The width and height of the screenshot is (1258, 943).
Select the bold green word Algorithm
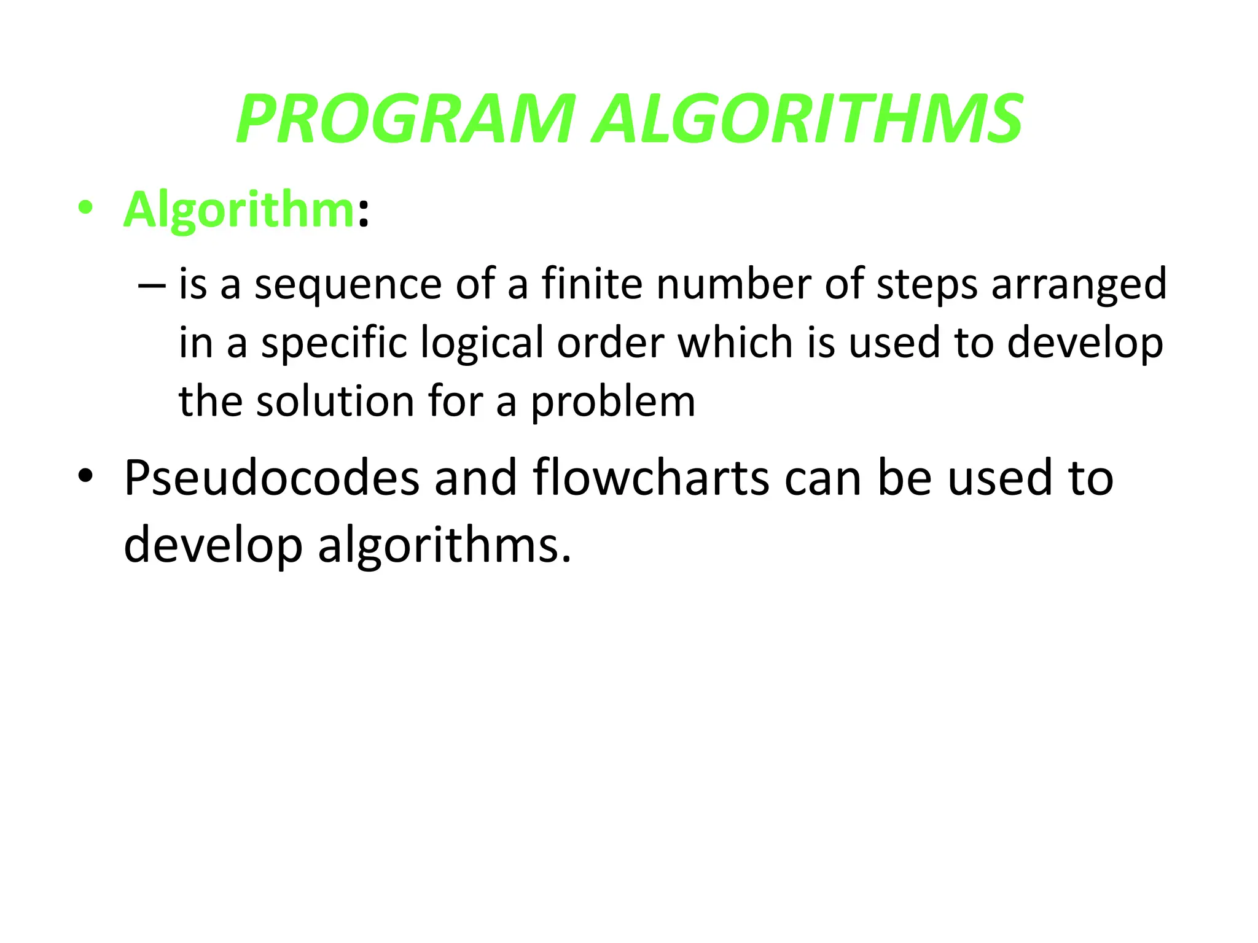pyautogui.click(x=239, y=210)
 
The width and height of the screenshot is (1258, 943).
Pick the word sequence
pyautogui.click(x=348, y=285)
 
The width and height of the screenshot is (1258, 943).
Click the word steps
pyautogui.click(x=926, y=286)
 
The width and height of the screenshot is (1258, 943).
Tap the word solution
pyautogui.click(x=335, y=402)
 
